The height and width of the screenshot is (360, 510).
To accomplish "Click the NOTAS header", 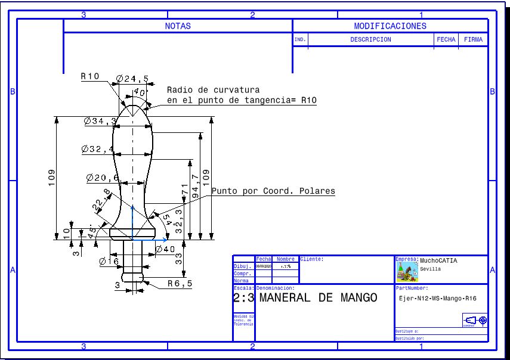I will tap(178, 26).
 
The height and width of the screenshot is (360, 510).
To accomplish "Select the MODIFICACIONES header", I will tap(390, 26).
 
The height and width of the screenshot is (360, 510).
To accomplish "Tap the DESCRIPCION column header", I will tap(370, 40).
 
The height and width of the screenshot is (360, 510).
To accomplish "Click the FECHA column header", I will tap(446, 40).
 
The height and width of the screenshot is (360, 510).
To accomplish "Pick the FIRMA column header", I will tap(473, 40).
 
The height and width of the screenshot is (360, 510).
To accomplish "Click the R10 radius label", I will tap(90, 76).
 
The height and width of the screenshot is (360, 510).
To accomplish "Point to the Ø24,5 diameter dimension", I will tap(132, 78).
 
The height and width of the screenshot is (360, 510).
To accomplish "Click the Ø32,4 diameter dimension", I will tap(98, 149).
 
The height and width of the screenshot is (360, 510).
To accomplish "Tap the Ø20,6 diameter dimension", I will tap(102, 178).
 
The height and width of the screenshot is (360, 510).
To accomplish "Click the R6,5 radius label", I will tap(180, 284).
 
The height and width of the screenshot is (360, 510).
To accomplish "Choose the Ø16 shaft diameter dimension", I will tap(109, 261).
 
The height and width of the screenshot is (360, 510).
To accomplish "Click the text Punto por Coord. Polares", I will tap(273, 191).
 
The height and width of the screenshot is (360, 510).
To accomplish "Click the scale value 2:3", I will tap(244, 298).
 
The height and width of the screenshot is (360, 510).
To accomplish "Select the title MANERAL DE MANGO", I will tap(319, 297).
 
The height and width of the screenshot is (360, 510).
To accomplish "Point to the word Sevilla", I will tap(430, 269).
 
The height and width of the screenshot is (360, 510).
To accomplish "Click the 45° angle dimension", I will tap(91, 233).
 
